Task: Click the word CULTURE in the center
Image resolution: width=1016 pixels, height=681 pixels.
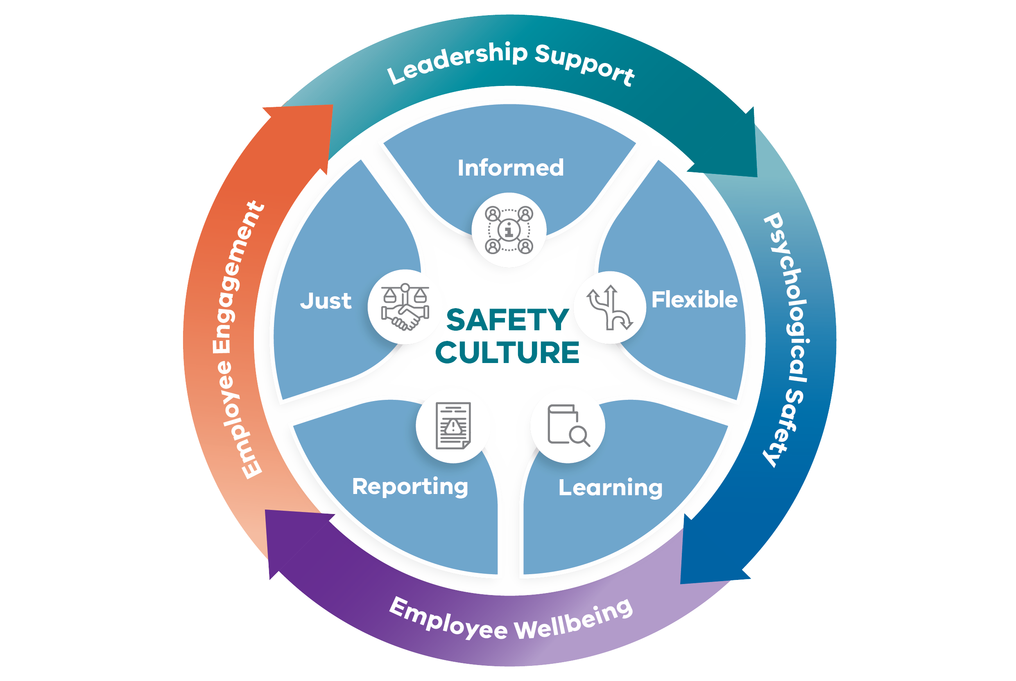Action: click(x=507, y=352)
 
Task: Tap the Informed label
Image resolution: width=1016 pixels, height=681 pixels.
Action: click(x=511, y=168)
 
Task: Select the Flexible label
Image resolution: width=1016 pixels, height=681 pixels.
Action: click(x=694, y=300)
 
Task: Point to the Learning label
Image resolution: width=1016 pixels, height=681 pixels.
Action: click(x=610, y=488)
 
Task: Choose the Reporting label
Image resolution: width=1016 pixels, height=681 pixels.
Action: click(x=410, y=487)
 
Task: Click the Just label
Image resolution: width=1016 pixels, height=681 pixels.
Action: click(x=326, y=301)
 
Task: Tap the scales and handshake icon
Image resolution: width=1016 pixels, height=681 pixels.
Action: click(x=405, y=307)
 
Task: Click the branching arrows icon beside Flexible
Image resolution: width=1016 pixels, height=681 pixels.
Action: click(x=609, y=307)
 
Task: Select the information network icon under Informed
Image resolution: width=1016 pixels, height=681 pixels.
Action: click(x=509, y=230)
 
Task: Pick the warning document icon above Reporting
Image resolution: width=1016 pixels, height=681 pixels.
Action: click(x=453, y=426)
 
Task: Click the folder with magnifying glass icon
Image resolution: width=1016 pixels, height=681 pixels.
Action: click(x=568, y=426)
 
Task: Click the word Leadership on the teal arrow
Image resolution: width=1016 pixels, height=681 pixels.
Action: click(x=456, y=63)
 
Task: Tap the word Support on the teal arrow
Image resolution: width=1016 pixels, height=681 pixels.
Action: click(x=584, y=64)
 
